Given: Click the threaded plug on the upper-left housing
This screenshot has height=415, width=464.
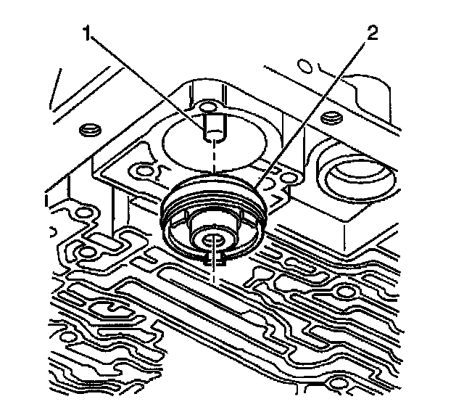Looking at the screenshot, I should tap(90, 129).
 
